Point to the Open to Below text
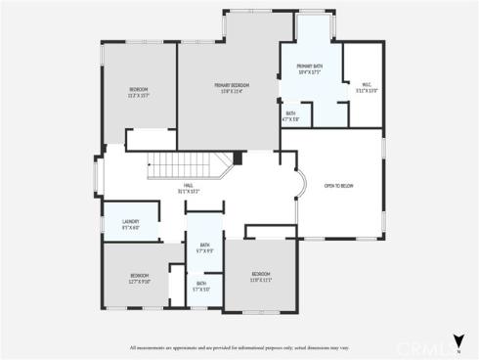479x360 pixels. pyautogui.click(x=338, y=185)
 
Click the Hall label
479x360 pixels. pyautogui.click(x=187, y=188)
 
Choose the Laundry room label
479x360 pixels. pyautogui.click(x=131, y=223)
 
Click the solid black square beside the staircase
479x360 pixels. pyautogui.click(x=237, y=157)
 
